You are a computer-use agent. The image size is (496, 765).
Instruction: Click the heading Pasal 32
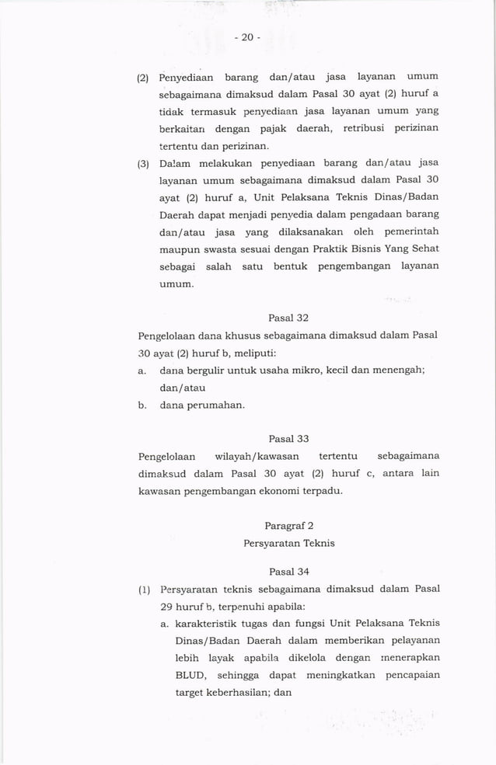pyautogui.click(x=288, y=318)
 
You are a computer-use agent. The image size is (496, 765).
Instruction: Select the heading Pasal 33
pyautogui.click(x=288, y=438)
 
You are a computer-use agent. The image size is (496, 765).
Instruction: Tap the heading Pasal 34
pyautogui.click(x=288, y=572)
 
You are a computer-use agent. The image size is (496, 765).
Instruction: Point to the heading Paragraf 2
pyautogui.click(x=288, y=526)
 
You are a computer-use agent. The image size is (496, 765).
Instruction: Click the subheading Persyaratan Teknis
pyautogui.click(x=288, y=543)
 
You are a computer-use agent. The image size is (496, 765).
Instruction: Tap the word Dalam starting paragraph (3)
pyautogui.click(x=175, y=163)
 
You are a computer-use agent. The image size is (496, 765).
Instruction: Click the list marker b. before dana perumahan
pyautogui.click(x=142, y=405)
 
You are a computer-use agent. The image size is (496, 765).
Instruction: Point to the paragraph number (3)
pyautogui.click(x=142, y=163)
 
